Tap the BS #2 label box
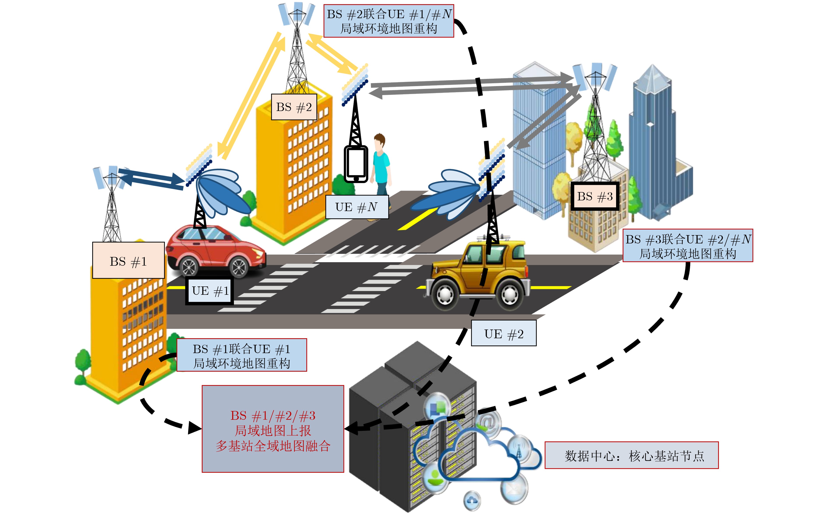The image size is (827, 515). (294, 107)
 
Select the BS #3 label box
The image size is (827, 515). (595, 196)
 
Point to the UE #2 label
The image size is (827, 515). (503, 333)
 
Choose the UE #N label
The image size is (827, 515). (357, 207)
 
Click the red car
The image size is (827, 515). (215, 252)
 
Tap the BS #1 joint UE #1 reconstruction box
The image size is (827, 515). (242, 355)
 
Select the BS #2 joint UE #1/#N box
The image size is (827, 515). (388, 21)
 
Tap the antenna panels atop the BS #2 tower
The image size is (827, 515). (297, 14)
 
